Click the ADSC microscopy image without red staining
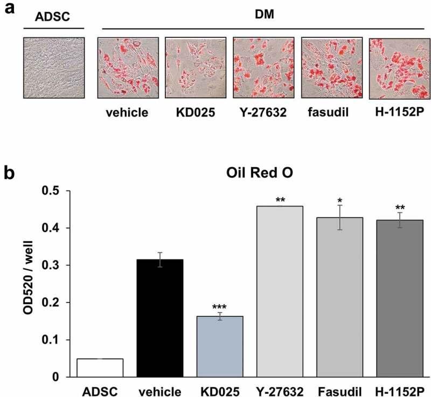coord(54,67)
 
